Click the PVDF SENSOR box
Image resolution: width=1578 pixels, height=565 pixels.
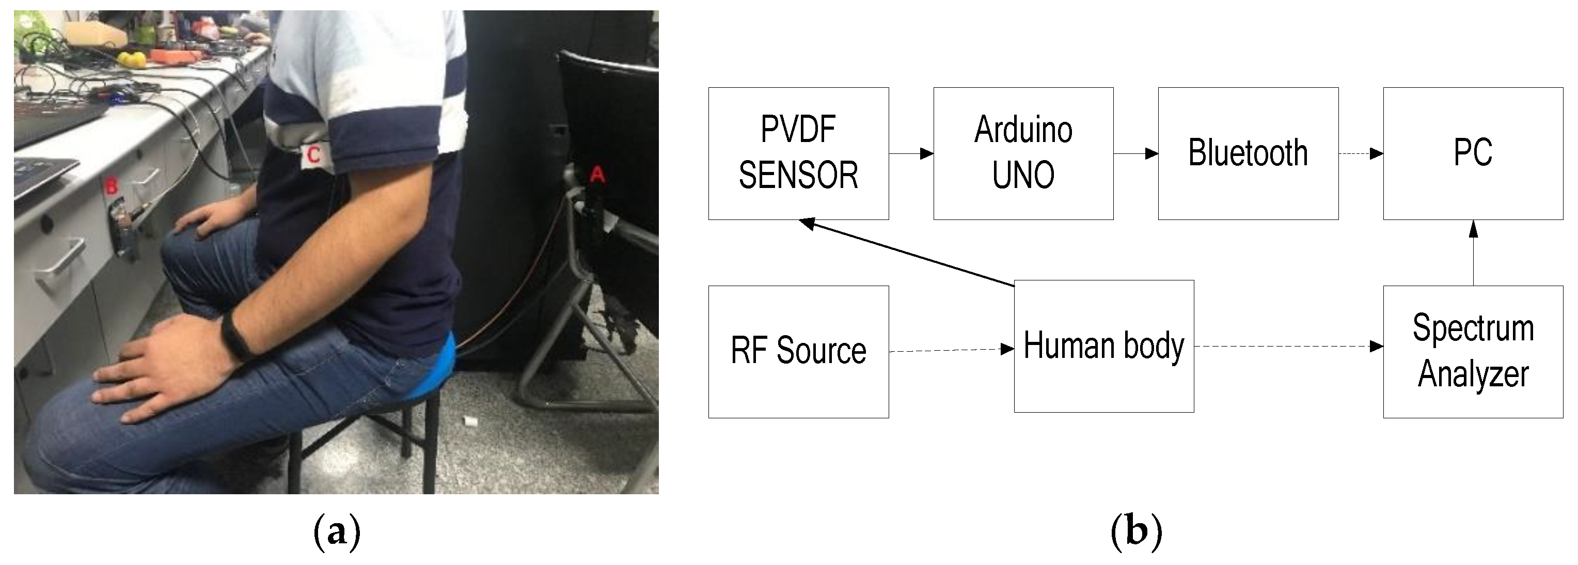(798, 153)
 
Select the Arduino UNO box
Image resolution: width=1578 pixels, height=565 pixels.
(1023, 153)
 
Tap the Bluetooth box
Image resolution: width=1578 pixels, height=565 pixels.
(1248, 153)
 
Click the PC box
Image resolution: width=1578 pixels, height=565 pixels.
(1473, 153)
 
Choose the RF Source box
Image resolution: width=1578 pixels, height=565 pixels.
(798, 352)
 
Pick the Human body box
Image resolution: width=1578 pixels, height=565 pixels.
(1104, 346)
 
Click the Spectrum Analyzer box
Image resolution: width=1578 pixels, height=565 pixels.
(1473, 352)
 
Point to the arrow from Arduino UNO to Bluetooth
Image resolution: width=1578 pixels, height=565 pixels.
(1135, 153)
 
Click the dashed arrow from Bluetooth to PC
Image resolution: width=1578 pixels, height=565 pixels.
(1361, 153)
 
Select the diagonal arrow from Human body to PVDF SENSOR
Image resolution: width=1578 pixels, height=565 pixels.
(907, 253)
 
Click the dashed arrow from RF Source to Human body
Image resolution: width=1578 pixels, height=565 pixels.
(951, 350)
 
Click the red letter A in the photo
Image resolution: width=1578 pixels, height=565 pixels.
(597, 175)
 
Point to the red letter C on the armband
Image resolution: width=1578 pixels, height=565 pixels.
(313, 154)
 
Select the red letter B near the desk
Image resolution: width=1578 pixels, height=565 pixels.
(111, 185)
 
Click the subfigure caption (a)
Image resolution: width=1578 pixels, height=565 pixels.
(336, 531)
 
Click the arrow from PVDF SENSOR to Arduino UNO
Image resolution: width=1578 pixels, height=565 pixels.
(910, 153)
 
